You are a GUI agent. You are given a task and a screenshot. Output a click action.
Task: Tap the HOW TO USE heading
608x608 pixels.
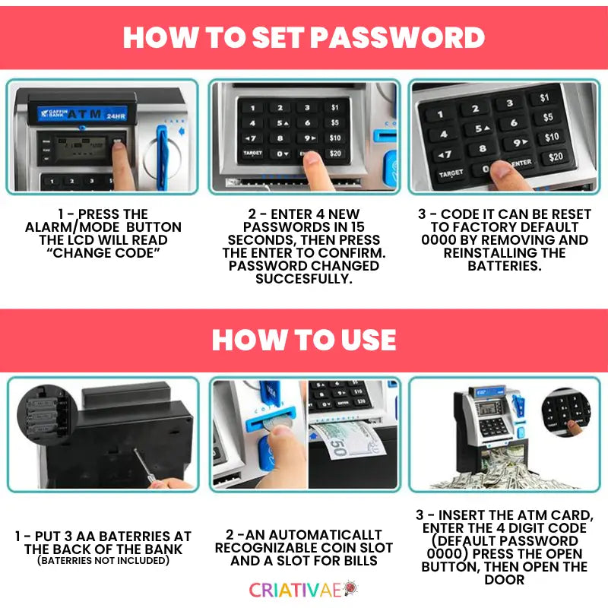point(304,339)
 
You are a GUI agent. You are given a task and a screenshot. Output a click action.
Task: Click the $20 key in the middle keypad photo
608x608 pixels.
point(334,154)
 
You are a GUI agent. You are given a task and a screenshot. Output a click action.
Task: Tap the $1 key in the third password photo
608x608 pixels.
point(544,98)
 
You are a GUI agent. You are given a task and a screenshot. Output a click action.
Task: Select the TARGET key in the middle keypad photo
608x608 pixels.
point(253,154)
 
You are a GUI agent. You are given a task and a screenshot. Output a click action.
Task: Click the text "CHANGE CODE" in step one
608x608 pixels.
point(103,252)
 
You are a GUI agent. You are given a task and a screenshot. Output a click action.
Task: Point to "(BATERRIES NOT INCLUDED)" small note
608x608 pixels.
point(102,561)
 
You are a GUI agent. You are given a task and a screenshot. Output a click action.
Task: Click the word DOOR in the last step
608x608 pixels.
point(504,580)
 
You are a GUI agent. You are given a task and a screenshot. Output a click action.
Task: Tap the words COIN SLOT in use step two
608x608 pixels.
point(357,548)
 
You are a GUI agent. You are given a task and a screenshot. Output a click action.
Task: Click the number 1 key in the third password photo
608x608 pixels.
point(441,115)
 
